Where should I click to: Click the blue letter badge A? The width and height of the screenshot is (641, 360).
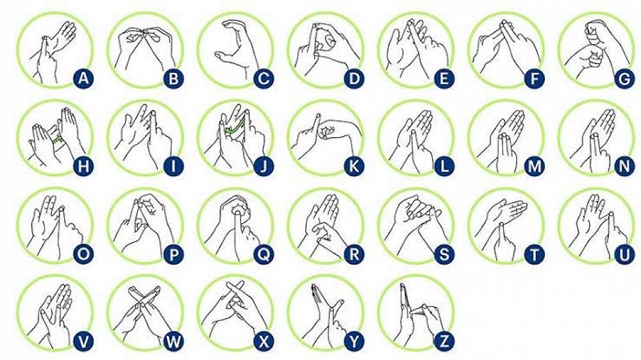click(x=83, y=79)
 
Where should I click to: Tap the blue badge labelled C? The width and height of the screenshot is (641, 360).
click(x=263, y=79)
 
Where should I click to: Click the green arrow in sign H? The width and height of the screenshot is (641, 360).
click(x=57, y=136)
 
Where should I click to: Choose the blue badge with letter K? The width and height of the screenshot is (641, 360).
click(x=353, y=167)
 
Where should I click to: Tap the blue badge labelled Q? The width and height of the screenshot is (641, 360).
click(x=263, y=254)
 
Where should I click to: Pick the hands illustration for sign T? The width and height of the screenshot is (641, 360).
click(x=503, y=221)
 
